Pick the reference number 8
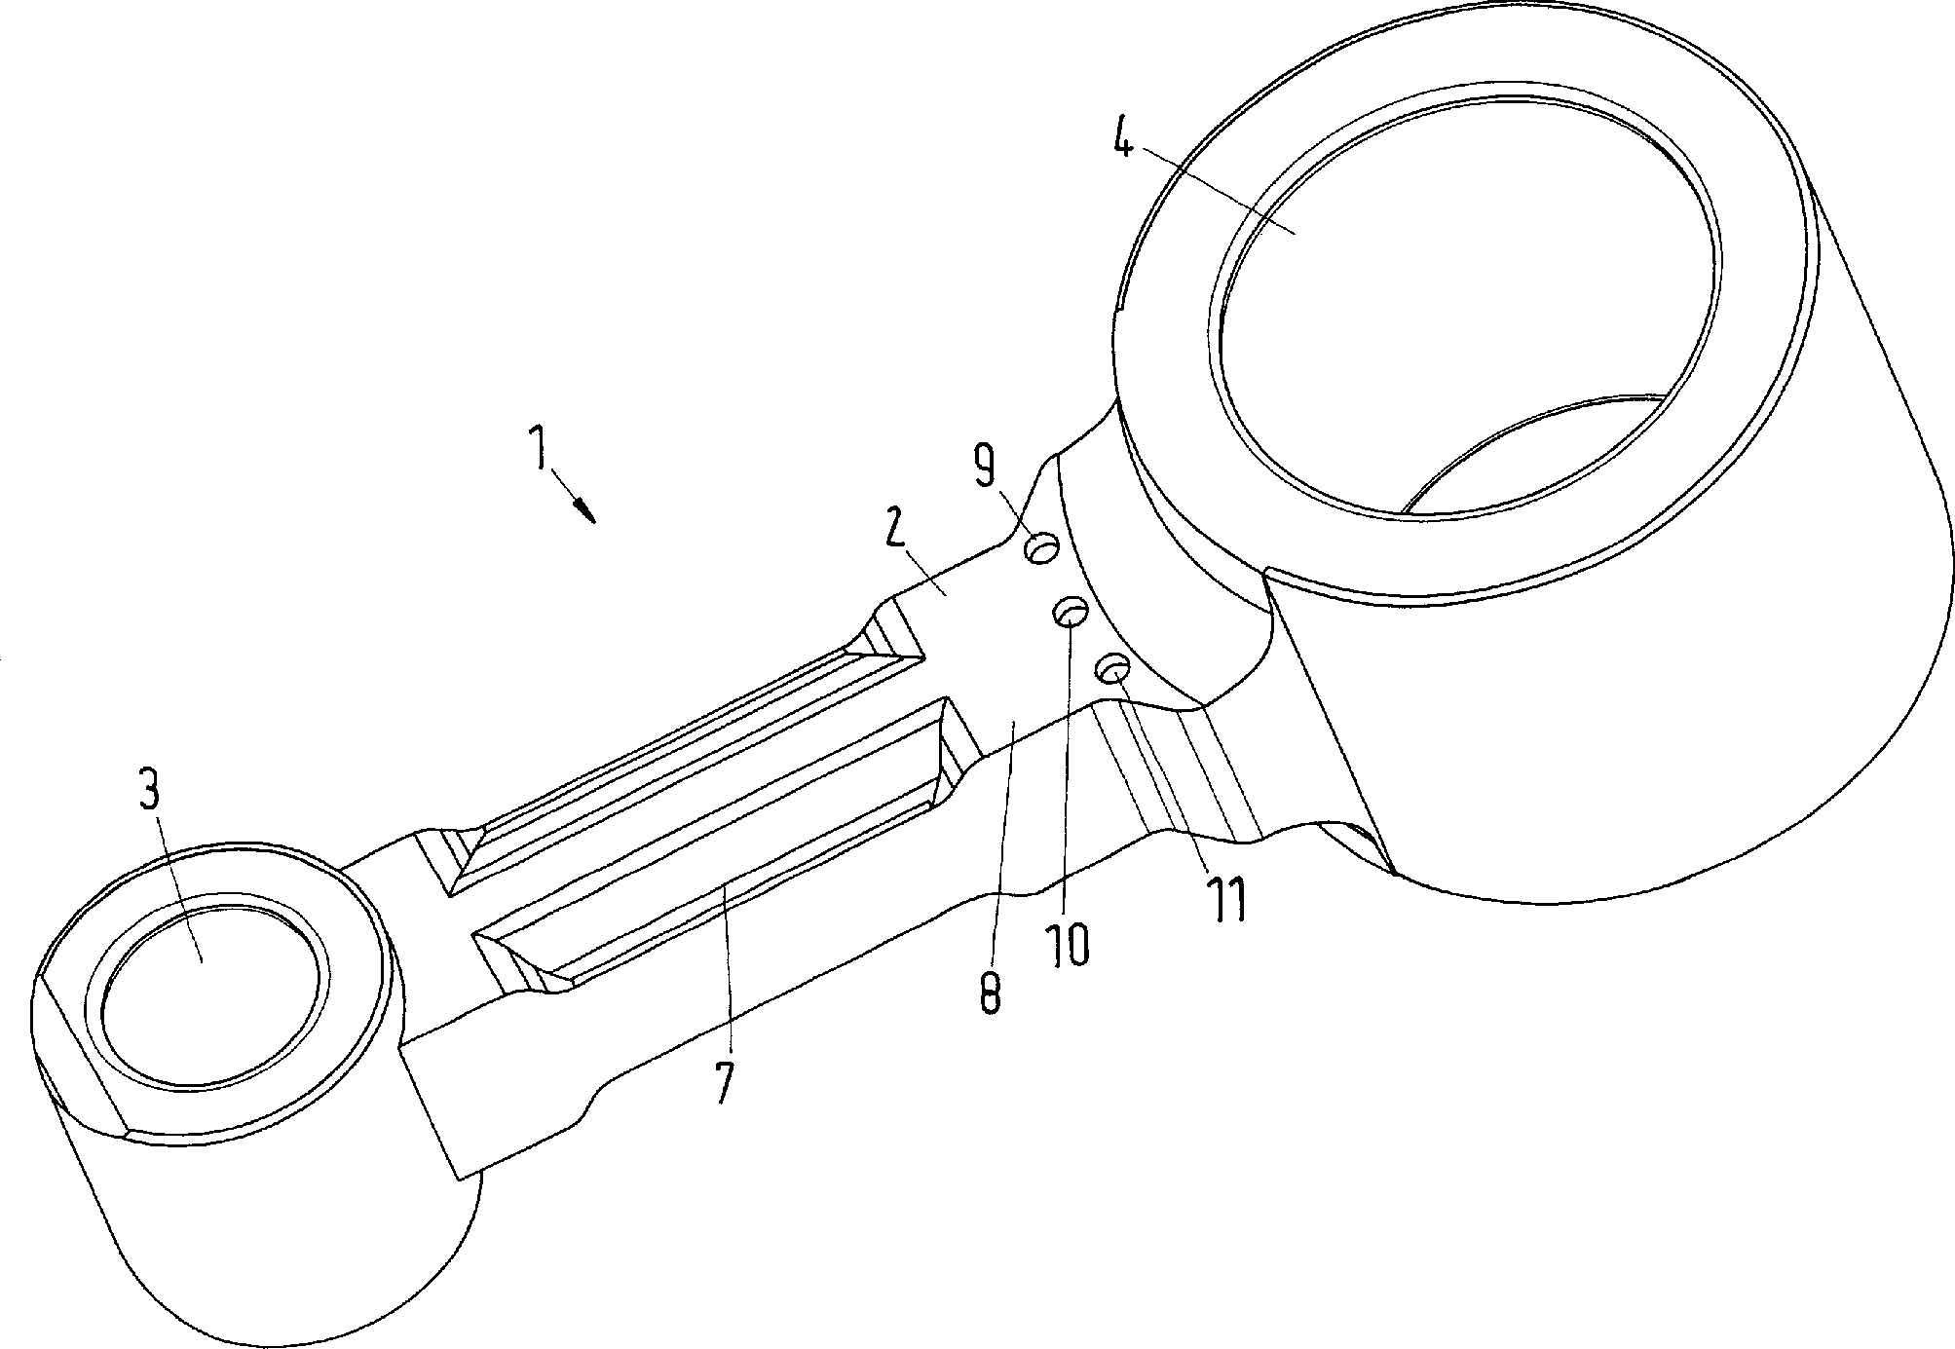click(988, 987)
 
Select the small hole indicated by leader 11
click(1113, 669)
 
